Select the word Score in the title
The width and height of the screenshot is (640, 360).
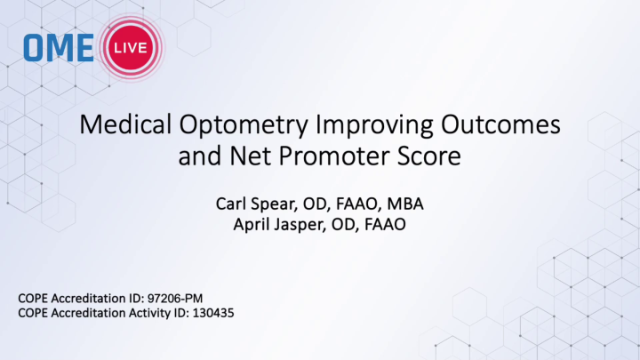click(429, 158)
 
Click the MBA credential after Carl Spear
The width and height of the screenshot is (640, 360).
click(404, 205)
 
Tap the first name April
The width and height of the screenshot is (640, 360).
click(251, 224)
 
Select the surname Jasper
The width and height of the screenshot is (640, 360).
click(299, 224)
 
